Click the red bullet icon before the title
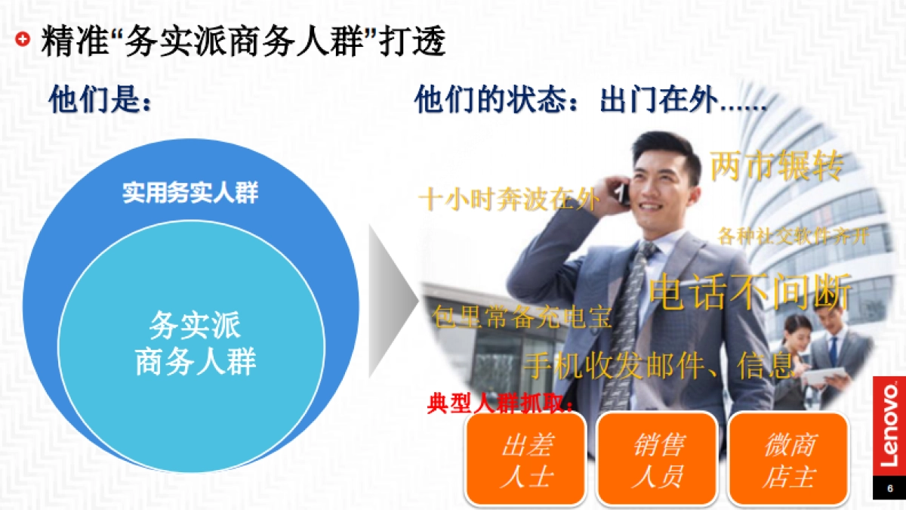23,40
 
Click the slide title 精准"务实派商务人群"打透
243,42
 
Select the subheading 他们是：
100,100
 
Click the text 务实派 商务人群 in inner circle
196,345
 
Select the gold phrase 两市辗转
776,165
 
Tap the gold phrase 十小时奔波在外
509,199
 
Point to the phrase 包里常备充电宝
522,316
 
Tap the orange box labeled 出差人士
525,459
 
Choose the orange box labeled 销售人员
657,459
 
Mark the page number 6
890,488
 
